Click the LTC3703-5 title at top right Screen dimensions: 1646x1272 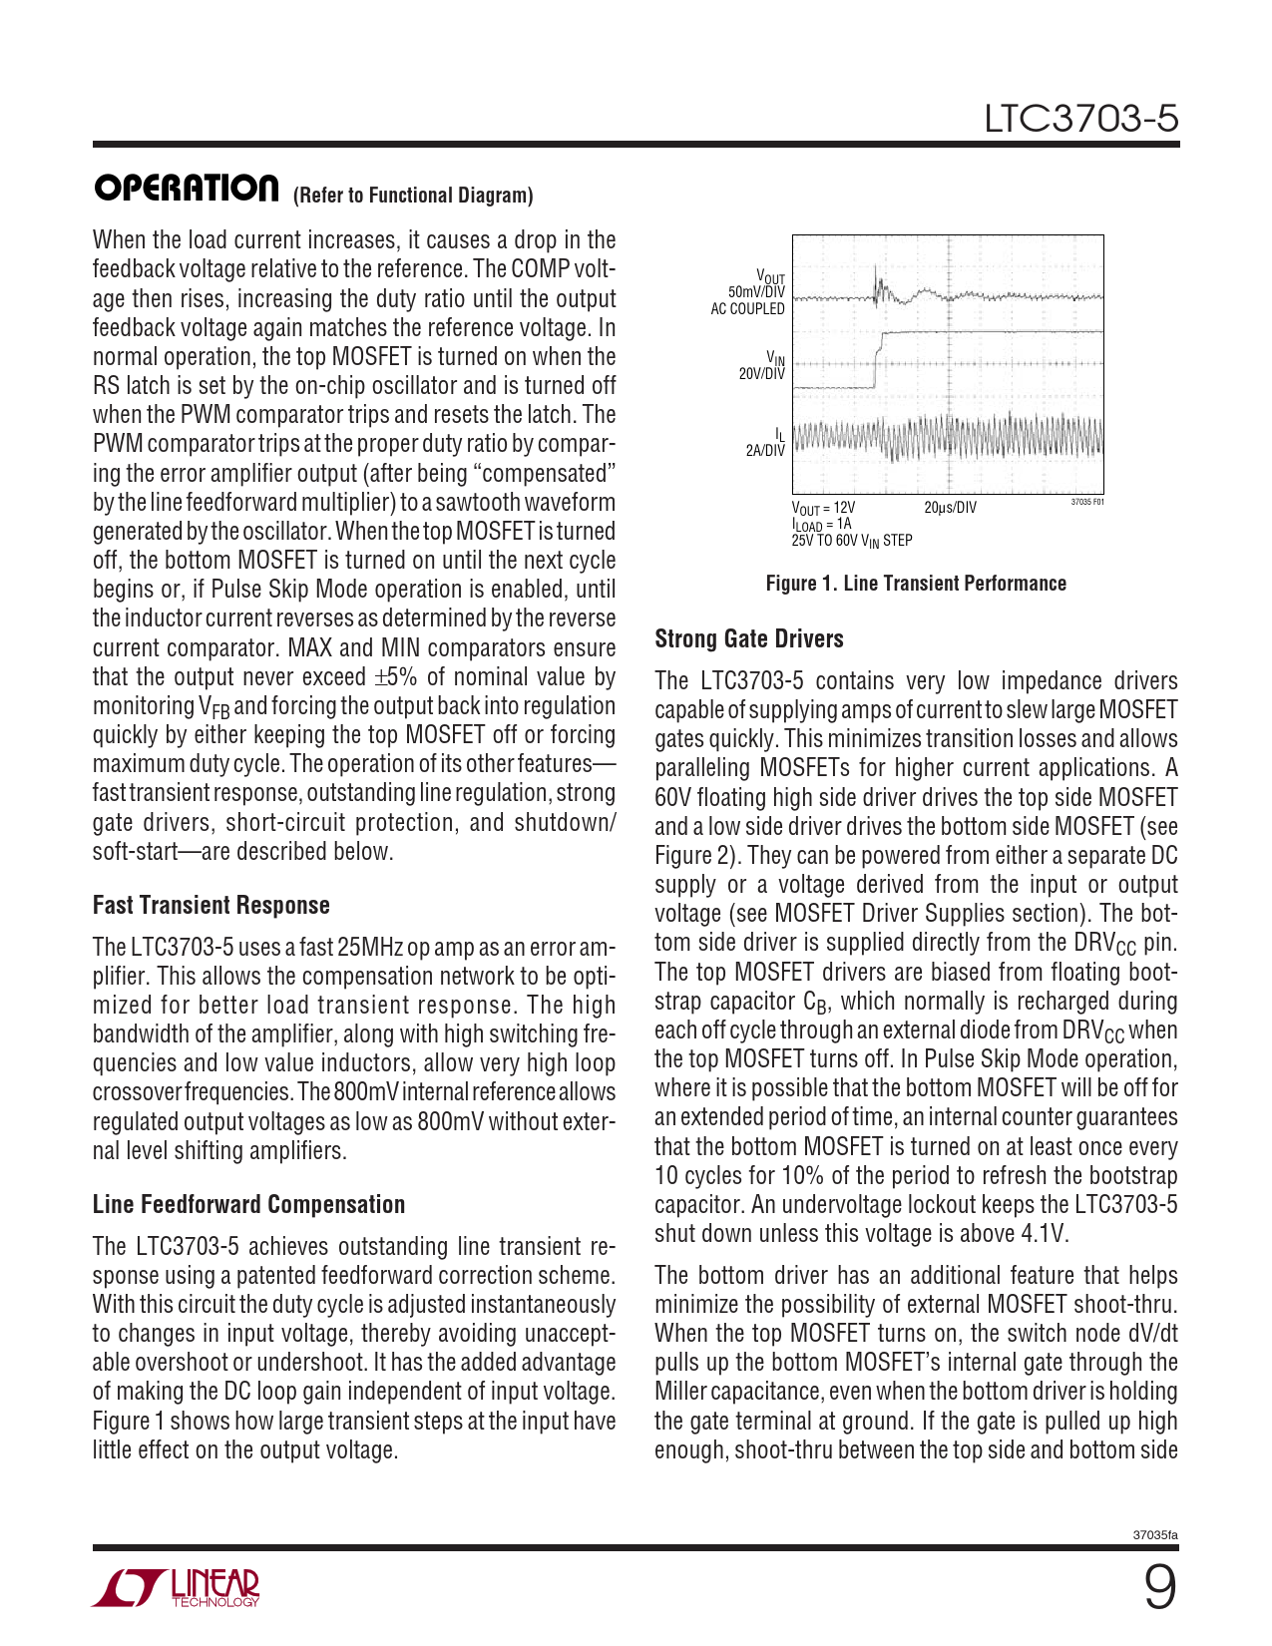click(x=1080, y=119)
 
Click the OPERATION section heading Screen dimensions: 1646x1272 click(x=187, y=189)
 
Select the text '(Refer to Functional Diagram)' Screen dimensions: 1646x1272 click(x=413, y=196)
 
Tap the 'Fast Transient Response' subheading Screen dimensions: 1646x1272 click(x=212, y=905)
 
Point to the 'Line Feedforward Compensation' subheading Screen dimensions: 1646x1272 click(x=248, y=1204)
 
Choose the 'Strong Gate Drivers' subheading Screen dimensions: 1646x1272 click(x=749, y=639)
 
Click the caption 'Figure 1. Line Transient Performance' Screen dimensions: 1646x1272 click(x=916, y=584)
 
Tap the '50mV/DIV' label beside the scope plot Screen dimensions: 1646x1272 click(x=756, y=292)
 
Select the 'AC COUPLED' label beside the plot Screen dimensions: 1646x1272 click(x=747, y=308)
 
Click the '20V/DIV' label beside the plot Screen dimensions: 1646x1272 click(x=761, y=374)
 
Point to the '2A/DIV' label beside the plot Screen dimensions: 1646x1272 click(x=765, y=450)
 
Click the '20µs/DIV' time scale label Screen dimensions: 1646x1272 click(x=950, y=508)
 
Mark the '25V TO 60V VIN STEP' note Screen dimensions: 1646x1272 click(x=852, y=541)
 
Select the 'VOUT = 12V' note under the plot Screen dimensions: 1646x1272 click(x=823, y=508)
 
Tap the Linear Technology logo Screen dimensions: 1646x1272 click(x=177, y=1587)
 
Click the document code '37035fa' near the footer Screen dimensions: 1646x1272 click(x=1155, y=1534)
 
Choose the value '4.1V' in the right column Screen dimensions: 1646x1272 click(x=1044, y=1234)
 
